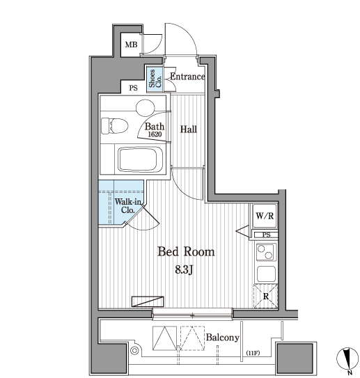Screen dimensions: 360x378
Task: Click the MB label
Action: [131, 45]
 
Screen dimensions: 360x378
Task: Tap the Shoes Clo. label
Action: [155, 79]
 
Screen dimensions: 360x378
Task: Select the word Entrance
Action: [187, 77]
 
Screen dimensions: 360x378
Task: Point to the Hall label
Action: [189, 129]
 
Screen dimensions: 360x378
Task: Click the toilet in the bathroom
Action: [114, 125]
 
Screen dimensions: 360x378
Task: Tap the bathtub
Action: [140, 159]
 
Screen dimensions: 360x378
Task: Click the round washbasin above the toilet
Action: [145, 108]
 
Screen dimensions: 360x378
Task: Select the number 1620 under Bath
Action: [155, 134]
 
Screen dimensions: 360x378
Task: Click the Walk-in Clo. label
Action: [128, 206]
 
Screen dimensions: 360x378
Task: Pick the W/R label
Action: [265, 216]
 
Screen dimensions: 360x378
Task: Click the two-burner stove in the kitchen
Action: [266, 252]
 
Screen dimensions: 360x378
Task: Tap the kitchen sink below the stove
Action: [266, 274]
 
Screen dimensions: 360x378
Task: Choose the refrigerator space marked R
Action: [266, 296]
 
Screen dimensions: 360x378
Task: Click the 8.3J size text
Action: [184, 270]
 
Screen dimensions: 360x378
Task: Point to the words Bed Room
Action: [186, 252]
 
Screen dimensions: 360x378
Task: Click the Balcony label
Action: [222, 338]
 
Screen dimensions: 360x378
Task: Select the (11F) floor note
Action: [253, 353]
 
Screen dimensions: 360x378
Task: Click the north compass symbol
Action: [347, 359]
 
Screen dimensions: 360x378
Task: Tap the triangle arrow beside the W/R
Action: [242, 231]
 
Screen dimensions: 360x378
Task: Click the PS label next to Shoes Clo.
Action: [133, 88]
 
